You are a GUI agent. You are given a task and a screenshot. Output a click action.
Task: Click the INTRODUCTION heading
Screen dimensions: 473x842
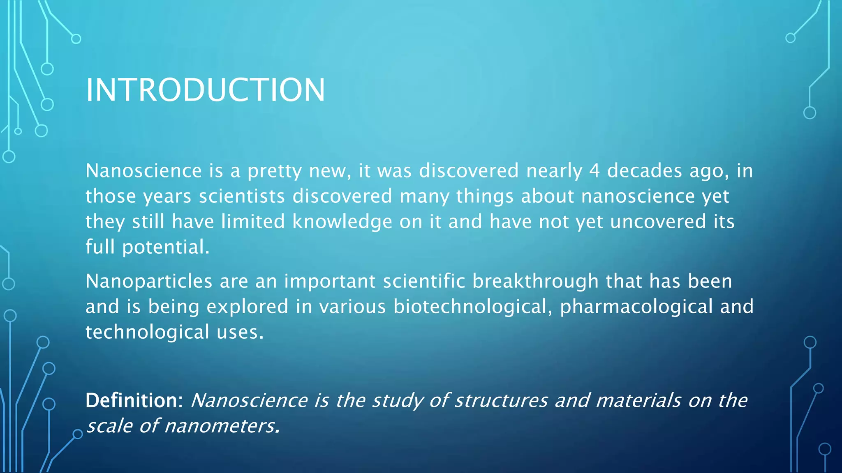[x=205, y=90]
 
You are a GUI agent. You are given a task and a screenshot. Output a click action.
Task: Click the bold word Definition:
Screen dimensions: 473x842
[x=134, y=400]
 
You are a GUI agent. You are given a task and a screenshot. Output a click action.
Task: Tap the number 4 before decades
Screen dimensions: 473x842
[x=594, y=171]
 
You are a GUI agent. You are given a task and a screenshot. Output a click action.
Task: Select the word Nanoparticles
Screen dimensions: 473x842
[x=149, y=282]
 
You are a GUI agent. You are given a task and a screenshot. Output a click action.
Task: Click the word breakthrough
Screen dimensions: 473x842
[x=535, y=282]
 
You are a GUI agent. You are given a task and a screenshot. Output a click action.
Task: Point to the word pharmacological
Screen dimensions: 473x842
[x=636, y=307]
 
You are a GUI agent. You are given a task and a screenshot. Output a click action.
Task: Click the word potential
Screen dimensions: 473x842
[x=166, y=247]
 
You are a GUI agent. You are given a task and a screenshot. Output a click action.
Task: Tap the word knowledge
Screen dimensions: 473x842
[x=342, y=222]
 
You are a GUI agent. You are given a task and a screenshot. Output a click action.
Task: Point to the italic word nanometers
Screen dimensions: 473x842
[x=222, y=426]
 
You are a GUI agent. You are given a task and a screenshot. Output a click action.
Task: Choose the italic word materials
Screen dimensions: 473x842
[x=638, y=400]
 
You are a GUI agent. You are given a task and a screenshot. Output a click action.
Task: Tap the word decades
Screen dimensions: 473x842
[x=644, y=171]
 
